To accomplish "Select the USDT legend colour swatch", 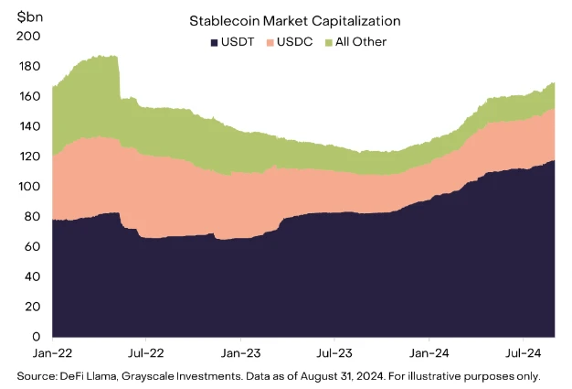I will [x=214, y=42].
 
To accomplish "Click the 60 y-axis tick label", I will [x=31, y=247].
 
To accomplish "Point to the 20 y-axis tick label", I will [x=31, y=308].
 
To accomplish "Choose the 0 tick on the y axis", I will [x=35, y=338].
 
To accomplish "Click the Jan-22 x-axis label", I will [x=52, y=351].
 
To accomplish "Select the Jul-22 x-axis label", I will [x=146, y=351].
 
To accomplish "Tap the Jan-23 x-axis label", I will [x=240, y=351].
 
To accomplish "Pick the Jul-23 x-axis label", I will [x=334, y=351].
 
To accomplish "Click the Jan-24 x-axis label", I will [x=429, y=351].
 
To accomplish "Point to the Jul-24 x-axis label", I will [x=522, y=351].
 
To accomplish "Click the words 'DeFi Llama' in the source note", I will [x=85, y=376].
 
